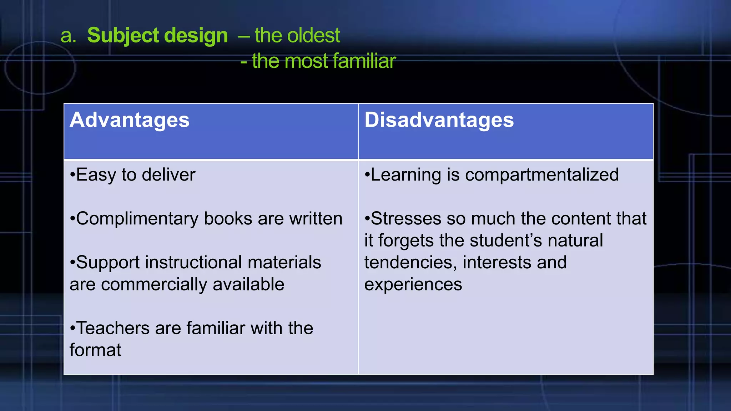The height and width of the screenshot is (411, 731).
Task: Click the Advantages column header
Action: click(x=130, y=120)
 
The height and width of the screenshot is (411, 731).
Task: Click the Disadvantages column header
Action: click(x=439, y=120)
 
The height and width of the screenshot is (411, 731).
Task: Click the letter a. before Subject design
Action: click(x=69, y=36)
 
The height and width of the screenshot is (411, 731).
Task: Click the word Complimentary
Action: click(x=137, y=219)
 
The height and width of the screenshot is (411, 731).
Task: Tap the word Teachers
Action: click(x=113, y=328)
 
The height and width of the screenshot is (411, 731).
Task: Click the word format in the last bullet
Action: click(x=95, y=350)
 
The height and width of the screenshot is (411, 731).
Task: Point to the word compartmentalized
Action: click(x=541, y=175)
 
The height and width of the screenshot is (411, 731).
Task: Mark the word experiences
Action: click(x=413, y=285)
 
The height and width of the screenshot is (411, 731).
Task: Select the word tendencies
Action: click(x=410, y=263)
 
